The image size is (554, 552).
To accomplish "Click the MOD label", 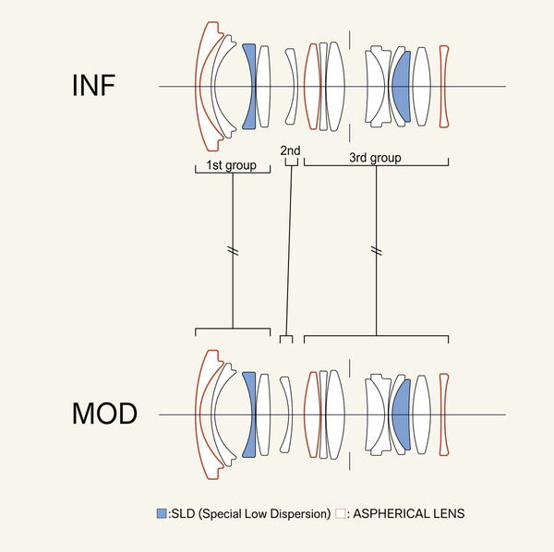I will [x=104, y=414].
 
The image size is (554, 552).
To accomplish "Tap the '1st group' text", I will [x=232, y=166].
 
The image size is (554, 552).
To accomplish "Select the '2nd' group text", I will [x=290, y=150].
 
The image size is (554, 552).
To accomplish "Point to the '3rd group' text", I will [x=375, y=158].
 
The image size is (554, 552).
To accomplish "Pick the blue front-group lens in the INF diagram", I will [x=248, y=86].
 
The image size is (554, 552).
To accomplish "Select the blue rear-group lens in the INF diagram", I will [x=402, y=86].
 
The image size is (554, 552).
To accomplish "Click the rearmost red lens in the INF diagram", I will [x=444, y=86].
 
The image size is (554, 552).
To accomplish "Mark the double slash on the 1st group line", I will [x=233, y=250].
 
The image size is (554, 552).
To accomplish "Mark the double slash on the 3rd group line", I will [x=376, y=250].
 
